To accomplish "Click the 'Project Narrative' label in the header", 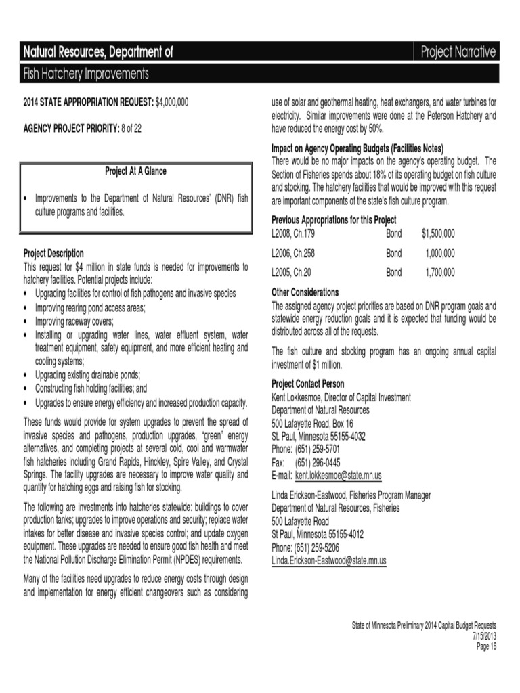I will pyautogui.click(x=458, y=51).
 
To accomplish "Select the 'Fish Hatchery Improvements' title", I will pyautogui.click(x=87, y=73).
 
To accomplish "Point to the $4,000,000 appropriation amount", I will pyautogui.click(x=172, y=102).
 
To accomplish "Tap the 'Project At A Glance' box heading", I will pyautogui.click(x=135, y=171).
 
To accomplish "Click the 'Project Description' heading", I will pyautogui.click(x=54, y=254).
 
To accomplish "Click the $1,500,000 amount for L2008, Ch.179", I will pyautogui.click(x=438, y=233).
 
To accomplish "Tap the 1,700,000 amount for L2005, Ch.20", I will pyautogui.click(x=440, y=273).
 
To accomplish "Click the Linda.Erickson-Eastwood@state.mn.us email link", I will pyautogui.click(x=329, y=561).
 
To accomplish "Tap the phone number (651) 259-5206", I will pyautogui.click(x=317, y=547).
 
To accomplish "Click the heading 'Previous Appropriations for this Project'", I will pyautogui.click(x=334, y=220).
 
